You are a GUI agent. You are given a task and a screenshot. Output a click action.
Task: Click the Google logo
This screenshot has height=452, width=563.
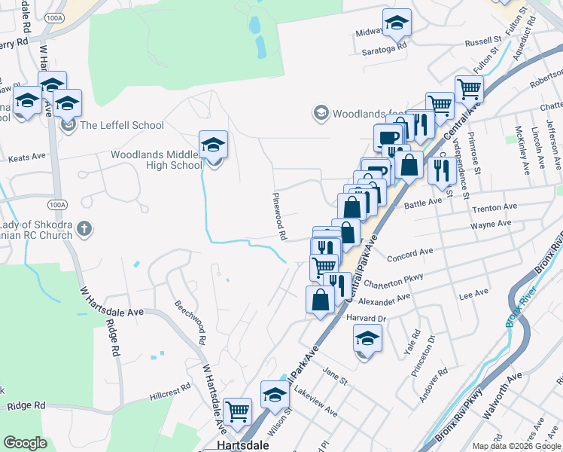26,443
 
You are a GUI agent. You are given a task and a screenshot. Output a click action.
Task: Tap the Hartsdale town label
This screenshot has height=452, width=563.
238,445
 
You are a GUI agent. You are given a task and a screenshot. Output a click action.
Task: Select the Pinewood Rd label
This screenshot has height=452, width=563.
280,215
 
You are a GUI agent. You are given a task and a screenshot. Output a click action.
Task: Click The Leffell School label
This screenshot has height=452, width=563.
122,125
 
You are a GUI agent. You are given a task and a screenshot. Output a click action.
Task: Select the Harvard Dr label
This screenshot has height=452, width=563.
366,318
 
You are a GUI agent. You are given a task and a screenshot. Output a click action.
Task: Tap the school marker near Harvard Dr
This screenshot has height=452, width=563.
367,339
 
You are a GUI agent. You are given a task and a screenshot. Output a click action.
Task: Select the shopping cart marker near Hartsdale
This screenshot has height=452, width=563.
238,411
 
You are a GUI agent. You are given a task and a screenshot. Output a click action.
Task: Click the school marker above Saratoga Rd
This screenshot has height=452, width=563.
397,23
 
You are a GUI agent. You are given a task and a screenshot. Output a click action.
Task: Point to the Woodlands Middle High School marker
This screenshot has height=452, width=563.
213,145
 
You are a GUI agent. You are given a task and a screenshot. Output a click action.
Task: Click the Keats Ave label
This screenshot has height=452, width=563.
27,158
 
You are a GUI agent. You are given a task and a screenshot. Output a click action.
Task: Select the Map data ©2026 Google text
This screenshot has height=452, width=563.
516,445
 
